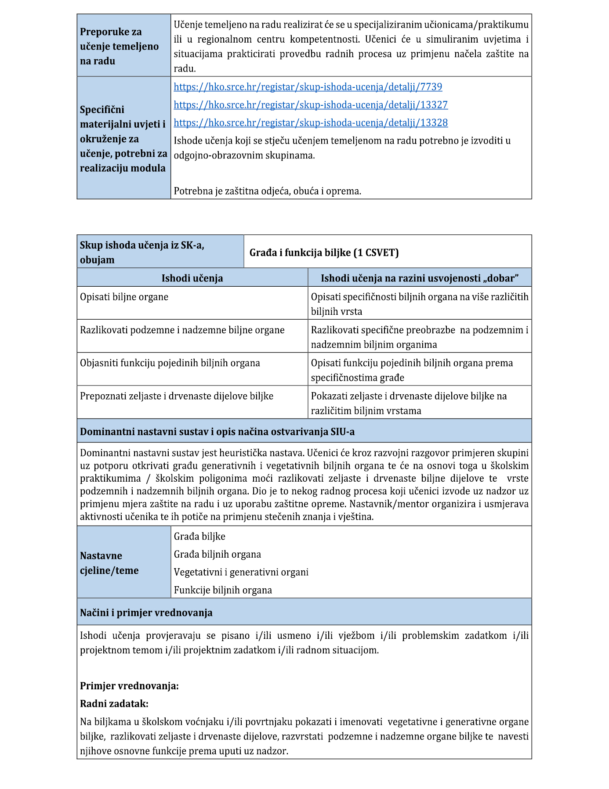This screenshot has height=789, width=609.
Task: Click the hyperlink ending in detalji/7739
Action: [308, 87]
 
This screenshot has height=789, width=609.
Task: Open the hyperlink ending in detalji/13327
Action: [311, 105]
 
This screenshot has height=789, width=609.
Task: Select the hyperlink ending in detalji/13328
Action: [311, 123]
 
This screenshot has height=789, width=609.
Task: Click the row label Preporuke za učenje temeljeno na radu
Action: [119, 46]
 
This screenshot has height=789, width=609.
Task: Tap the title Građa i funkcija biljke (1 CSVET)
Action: [324, 252]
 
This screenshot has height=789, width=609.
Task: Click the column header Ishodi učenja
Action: [192, 278]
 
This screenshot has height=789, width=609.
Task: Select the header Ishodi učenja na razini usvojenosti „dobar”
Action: [420, 278]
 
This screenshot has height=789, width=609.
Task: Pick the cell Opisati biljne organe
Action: [124, 297]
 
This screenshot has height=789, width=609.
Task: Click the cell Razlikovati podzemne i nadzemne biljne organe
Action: [182, 330]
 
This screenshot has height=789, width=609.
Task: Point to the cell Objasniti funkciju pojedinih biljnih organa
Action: [170, 363]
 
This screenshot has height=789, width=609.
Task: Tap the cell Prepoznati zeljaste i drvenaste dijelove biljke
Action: [177, 396]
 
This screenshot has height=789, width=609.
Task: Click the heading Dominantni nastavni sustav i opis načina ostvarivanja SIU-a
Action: [217, 432]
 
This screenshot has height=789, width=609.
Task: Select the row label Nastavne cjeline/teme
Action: [109, 563]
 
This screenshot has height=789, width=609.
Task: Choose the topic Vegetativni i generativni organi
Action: [241, 572]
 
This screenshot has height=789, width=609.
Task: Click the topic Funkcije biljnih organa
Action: [223, 590]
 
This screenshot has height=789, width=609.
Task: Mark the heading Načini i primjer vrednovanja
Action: [146, 612]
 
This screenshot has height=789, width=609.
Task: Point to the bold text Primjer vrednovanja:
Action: [129, 686]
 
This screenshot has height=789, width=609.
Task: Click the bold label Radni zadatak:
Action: [114, 704]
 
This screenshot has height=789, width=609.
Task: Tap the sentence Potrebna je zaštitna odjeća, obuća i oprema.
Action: [267, 191]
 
